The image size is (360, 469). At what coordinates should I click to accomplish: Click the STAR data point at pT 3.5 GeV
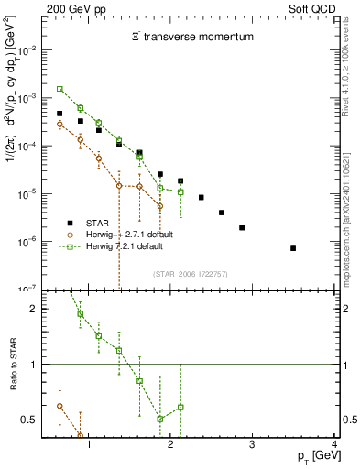click(x=293, y=248)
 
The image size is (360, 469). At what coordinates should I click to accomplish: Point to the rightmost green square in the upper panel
click(x=180, y=191)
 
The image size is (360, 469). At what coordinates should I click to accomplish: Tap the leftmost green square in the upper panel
click(x=60, y=89)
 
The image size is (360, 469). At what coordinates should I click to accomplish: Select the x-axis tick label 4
click(x=334, y=445)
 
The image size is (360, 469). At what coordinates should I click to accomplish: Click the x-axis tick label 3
click(x=253, y=445)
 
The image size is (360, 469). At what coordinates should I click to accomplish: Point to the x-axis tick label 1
click(x=89, y=445)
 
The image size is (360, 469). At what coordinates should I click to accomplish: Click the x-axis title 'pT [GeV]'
click(x=309, y=456)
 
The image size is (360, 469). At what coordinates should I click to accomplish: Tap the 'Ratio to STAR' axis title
click(x=12, y=364)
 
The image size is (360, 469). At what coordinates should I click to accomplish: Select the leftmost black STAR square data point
click(x=60, y=114)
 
